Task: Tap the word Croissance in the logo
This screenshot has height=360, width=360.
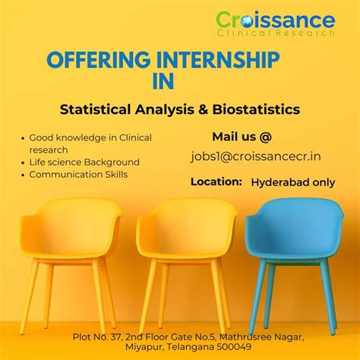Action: pyautogui.click(x=274, y=20)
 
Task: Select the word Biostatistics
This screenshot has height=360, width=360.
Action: pyautogui.click(x=257, y=109)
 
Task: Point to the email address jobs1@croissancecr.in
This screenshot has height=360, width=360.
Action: pyautogui.click(x=255, y=156)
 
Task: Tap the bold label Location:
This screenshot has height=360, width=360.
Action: pyautogui.click(x=216, y=182)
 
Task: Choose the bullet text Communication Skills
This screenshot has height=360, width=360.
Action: pyautogui.click(x=78, y=174)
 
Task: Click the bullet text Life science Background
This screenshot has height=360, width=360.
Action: pyautogui.click(x=84, y=162)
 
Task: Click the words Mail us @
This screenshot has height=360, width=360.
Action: pyautogui.click(x=242, y=137)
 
